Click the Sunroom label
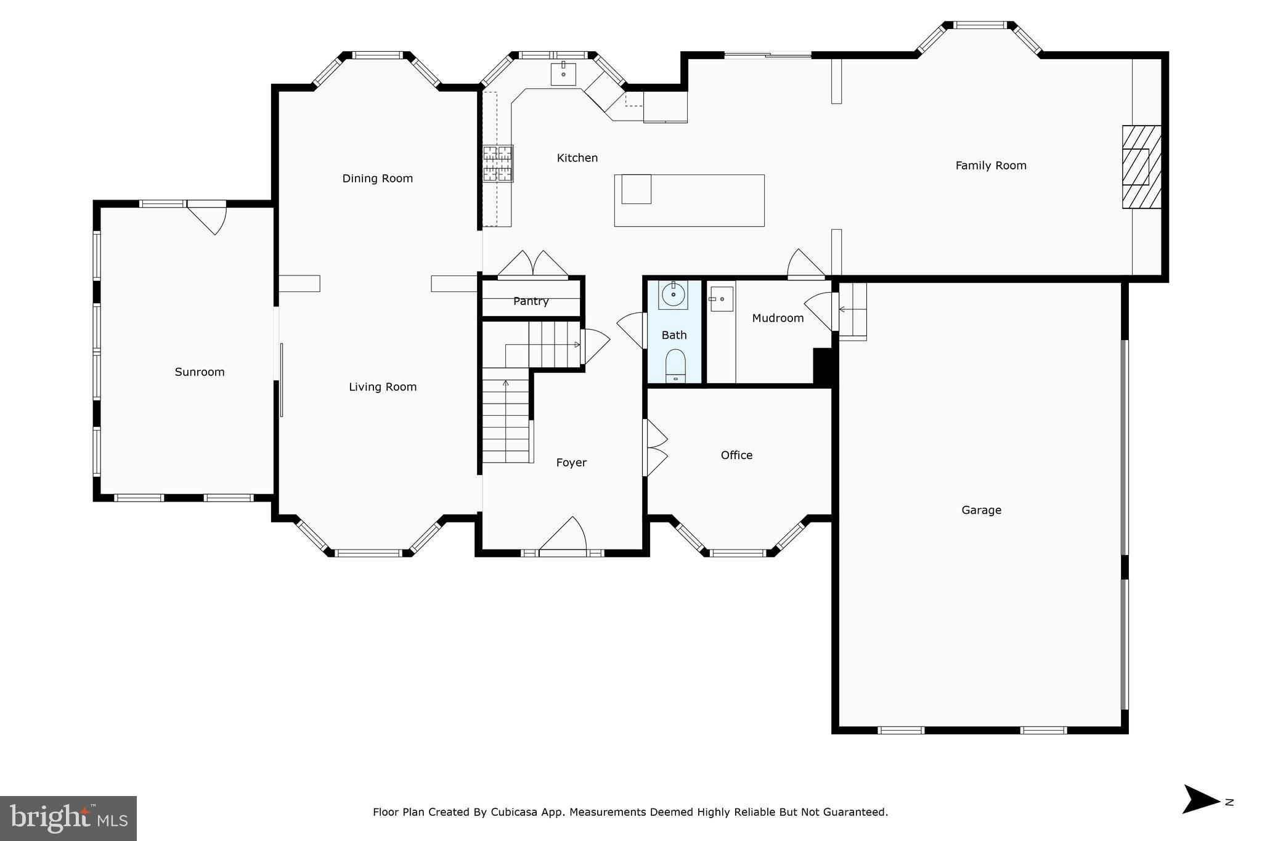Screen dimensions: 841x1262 click(x=199, y=372)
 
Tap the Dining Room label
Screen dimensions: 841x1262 click(x=377, y=178)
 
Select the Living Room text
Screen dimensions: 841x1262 click(x=382, y=386)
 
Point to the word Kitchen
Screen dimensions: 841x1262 click(x=577, y=158)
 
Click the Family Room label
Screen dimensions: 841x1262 click(x=990, y=165)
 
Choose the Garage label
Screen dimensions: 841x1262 click(x=981, y=510)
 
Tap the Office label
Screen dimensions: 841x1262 click(x=736, y=455)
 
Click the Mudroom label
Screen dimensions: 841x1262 click(x=778, y=318)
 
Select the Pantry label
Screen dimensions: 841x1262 click(x=531, y=301)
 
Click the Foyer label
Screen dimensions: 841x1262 click(x=571, y=462)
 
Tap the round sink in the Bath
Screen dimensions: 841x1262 click(x=674, y=295)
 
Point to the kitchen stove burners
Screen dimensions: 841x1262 click(x=497, y=163)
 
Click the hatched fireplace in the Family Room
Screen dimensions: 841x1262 click(x=1141, y=167)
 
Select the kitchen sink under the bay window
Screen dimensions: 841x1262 click(x=563, y=73)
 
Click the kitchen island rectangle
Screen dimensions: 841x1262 click(x=689, y=200)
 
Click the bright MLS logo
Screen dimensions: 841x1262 click(x=68, y=818)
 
